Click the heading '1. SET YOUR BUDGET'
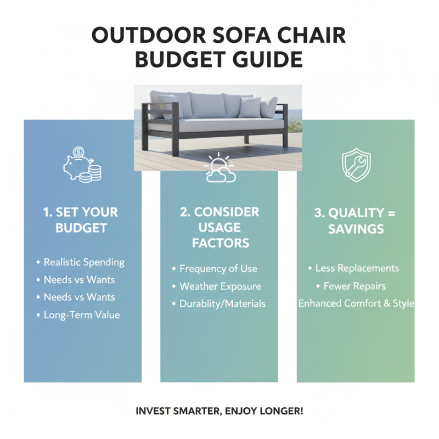pos(81,219)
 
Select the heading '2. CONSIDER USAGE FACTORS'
pos(219,227)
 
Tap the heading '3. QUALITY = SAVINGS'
pos(356,221)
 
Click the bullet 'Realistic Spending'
pos(84,262)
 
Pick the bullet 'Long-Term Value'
pos(81,315)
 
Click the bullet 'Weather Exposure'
pos(220,286)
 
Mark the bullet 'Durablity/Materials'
pos(222,303)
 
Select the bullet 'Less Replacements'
pos(357,268)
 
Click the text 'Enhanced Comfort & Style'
pos(356,303)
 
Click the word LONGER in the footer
pos(281,410)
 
